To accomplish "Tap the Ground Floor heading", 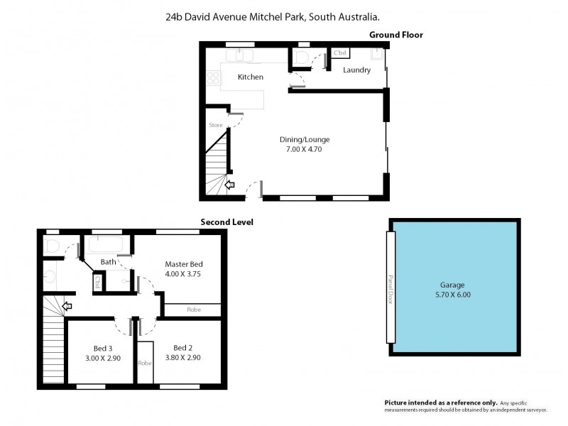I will coord(396,35).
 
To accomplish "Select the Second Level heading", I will coord(226,222).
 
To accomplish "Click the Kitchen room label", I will coord(250,77).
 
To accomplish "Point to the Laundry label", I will coord(356,70).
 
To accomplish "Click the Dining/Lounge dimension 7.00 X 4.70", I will coord(305,149).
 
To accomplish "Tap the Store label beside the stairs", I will coord(216,125).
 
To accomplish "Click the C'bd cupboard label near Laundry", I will coord(339,53).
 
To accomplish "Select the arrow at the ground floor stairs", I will coord(229,186).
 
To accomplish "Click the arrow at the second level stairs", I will coord(67,307).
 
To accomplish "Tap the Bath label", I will coord(108,262).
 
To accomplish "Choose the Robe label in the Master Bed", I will coord(193,310).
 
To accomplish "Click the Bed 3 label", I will coord(103,348).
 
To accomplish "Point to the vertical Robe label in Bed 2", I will coord(146,363).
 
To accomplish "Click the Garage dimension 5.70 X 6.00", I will coord(453,294).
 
